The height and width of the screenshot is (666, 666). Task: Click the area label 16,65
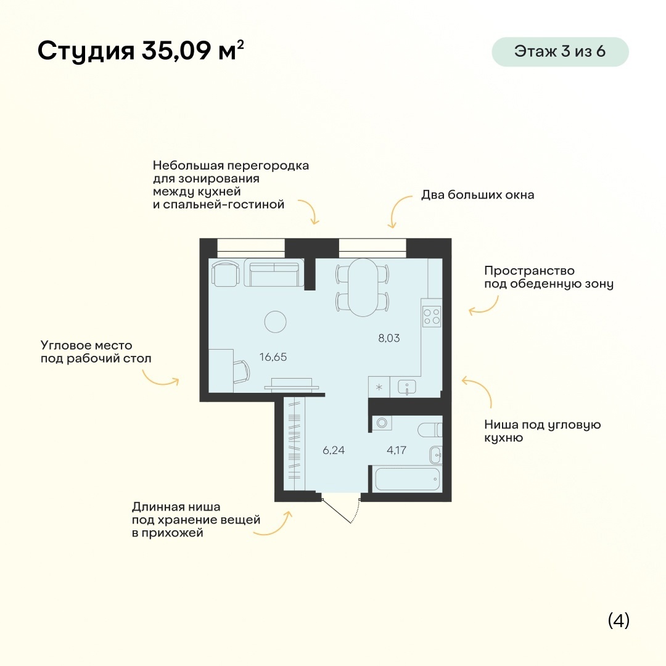click(273, 357)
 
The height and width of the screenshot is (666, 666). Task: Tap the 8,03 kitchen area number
click(389, 338)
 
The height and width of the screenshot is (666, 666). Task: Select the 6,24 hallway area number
click(334, 450)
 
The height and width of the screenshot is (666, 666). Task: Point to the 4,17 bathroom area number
click(397, 450)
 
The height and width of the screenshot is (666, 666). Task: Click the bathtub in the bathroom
click(407, 479)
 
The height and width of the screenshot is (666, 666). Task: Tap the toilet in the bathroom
click(430, 430)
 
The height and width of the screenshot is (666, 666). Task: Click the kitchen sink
click(407, 387)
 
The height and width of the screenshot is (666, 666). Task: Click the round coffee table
click(275, 321)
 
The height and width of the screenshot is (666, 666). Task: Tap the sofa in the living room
click(274, 274)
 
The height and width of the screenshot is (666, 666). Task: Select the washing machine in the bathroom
click(382, 422)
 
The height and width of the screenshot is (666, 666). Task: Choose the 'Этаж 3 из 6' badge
click(560, 51)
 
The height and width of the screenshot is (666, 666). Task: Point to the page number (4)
click(619, 620)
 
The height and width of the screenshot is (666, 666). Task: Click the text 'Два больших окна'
click(477, 195)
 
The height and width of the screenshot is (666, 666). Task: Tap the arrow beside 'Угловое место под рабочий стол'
click(160, 379)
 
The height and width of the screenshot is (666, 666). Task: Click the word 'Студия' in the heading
click(86, 51)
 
